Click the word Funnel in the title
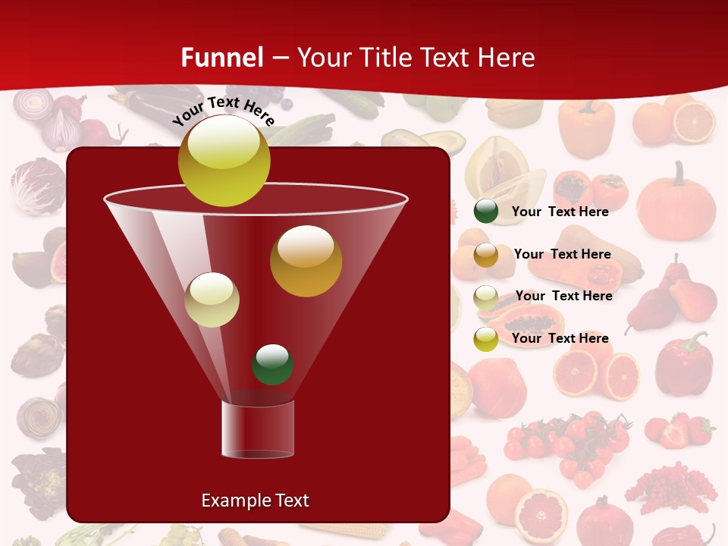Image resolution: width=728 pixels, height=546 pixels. point(222,58)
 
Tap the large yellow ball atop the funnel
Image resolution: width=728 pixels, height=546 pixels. point(224,161)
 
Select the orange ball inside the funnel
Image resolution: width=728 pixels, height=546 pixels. point(306,261)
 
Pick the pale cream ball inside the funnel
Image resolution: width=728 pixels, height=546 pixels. point(212,300)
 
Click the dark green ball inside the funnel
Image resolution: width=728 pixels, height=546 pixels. point(272,364)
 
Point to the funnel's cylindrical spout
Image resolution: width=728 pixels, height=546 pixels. point(258,428)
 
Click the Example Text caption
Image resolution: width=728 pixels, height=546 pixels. point(255,500)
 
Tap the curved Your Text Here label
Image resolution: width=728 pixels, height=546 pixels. point(223,110)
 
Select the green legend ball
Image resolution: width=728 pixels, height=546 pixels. point(486,212)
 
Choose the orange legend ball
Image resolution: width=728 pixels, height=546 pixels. point(486,255)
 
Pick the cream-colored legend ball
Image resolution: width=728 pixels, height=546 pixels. point(486,297)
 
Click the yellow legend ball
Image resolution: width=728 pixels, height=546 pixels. point(486,339)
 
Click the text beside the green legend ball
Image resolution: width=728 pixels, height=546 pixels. point(560,212)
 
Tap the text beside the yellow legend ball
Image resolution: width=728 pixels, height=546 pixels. point(560,338)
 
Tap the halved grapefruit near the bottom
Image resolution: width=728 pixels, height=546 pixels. point(541,515)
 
